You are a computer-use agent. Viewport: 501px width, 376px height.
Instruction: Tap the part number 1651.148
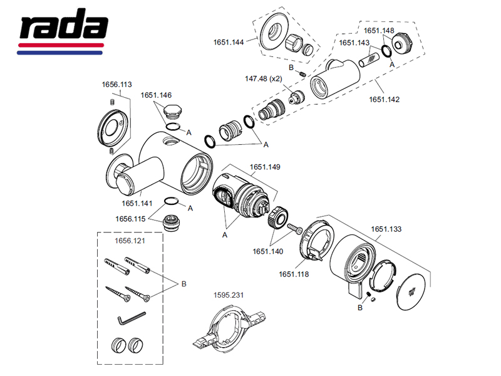point(378,29)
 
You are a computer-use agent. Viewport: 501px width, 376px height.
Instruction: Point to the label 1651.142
point(384,99)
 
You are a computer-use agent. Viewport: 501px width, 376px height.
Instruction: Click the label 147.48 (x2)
point(265,79)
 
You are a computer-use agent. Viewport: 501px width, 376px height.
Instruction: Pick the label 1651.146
point(156,96)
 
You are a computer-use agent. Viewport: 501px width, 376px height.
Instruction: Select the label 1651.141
point(137,203)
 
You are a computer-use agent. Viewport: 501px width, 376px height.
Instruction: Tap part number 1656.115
point(130,219)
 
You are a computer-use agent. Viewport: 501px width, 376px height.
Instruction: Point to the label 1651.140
point(268,251)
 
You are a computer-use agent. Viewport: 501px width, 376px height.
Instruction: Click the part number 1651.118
point(294,273)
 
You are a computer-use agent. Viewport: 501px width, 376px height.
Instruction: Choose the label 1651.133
point(386,230)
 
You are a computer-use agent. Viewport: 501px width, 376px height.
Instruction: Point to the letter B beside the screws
point(183,284)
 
